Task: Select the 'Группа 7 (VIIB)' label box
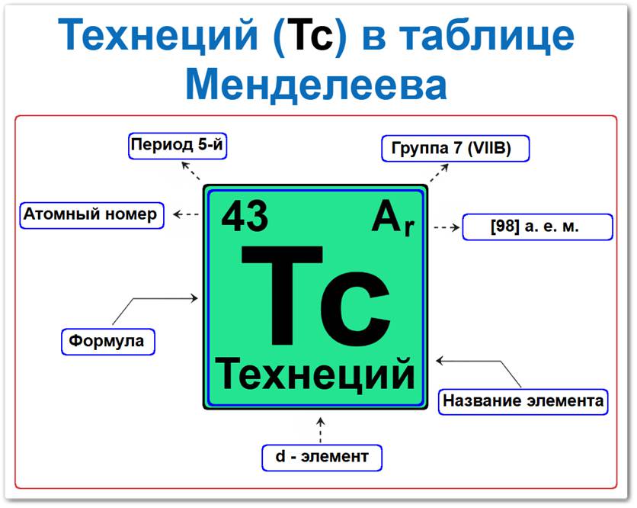click(455, 149)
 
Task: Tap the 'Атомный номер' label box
click(91, 214)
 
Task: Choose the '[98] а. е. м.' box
click(537, 227)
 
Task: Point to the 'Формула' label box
click(107, 340)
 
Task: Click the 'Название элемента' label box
click(523, 400)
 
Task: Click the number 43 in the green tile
click(245, 217)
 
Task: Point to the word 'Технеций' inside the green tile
click(316, 375)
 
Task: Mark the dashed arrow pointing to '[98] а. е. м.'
click(446, 227)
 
